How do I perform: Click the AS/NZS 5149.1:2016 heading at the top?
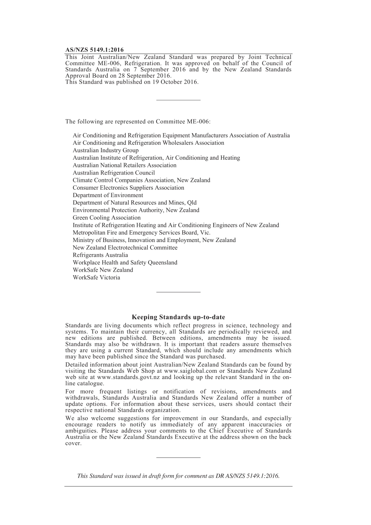94,50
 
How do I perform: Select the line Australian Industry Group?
105,150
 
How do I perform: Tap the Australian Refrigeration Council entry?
114,173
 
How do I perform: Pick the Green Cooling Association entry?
107,218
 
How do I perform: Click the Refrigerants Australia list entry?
100,255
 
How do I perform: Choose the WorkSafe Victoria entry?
96,278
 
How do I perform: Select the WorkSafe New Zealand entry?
103,270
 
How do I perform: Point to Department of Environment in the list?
108,195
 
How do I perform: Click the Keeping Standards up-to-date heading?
178,317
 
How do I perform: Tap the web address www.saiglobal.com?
191,371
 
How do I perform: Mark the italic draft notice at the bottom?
178,476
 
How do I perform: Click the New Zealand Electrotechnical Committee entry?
125,248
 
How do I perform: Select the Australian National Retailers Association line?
125,166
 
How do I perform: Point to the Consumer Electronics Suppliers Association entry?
128,188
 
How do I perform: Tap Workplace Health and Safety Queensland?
125,263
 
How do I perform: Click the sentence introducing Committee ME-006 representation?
138,121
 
